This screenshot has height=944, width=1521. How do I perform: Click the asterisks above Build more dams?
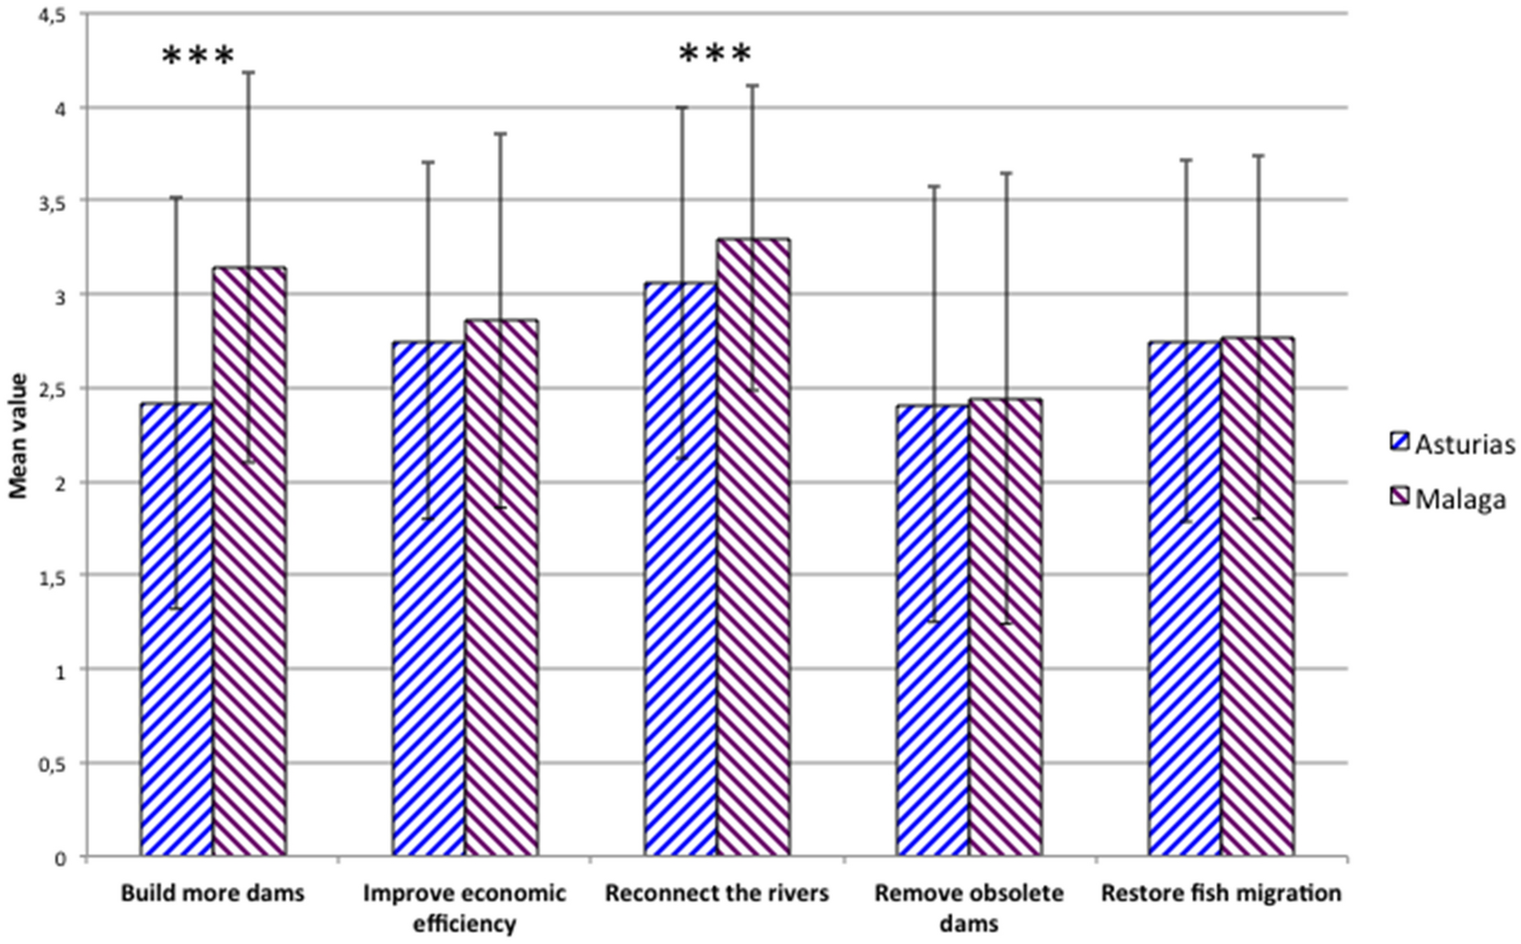click(x=198, y=57)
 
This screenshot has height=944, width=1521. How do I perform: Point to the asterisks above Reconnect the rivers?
click(x=714, y=55)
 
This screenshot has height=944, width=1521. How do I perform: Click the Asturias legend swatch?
click(x=1399, y=444)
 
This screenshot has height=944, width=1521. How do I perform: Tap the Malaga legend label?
click(x=1461, y=500)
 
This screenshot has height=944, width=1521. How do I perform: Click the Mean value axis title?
click(x=18, y=436)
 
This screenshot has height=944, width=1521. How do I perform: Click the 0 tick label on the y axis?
click(x=62, y=858)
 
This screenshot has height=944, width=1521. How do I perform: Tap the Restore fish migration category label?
click(x=1221, y=892)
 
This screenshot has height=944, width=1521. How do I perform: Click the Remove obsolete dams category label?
click(x=969, y=906)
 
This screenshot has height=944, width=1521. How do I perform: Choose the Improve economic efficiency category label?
click(x=465, y=906)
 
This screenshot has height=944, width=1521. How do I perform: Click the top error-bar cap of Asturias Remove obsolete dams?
click(x=933, y=186)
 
